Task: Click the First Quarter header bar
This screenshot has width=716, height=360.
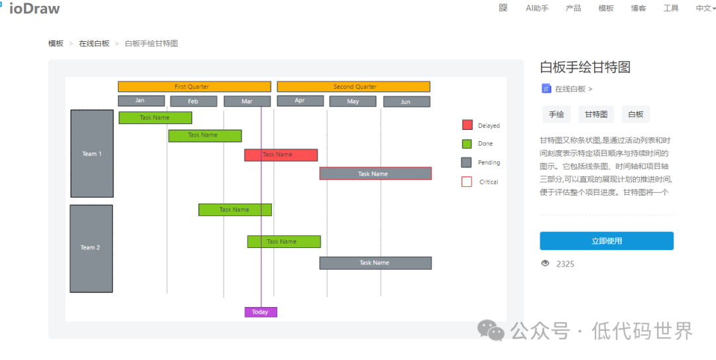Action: click(194, 87)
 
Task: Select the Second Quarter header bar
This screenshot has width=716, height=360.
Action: click(353, 87)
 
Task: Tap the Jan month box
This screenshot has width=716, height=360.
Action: click(141, 101)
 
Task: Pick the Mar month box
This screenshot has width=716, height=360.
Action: click(247, 101)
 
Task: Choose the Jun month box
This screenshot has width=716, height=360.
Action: click(406, 102)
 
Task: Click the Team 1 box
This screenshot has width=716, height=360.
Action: click(91, 154)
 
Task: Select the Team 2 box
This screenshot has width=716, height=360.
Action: click(91, 249)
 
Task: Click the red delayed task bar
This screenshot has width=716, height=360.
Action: click(281, 155)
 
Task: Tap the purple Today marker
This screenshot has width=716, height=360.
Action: click(261, 312)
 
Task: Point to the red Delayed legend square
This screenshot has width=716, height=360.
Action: click(467, 125)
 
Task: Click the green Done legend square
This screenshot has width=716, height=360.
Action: click(467, 144)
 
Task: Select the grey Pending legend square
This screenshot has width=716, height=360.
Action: click(467, 162)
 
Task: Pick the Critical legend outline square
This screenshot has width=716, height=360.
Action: click(467, 182)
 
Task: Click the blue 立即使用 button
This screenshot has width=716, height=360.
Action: click(607, 241)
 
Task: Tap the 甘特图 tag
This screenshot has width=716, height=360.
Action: click(597, 114)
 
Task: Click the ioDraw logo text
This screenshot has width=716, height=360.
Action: click(34, 8)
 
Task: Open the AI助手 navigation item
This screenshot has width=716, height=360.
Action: click(537, 8)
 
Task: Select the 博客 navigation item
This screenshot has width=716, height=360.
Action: click(638, 8)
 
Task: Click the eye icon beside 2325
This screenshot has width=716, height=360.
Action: click(545, 263)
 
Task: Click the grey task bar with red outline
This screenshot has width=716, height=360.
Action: click(375, 174)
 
